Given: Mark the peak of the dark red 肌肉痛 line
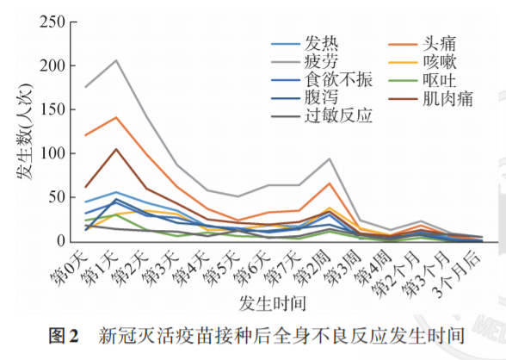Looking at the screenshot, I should pyautogui.click(x=116, y=149).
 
